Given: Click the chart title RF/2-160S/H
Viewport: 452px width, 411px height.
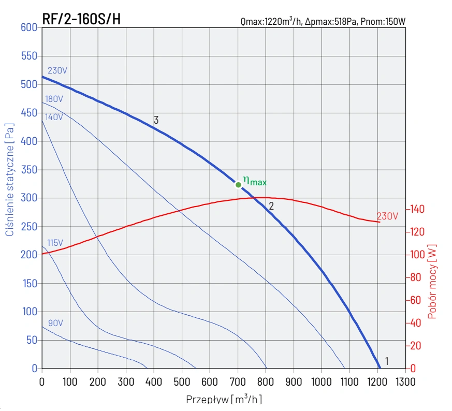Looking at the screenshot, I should pos(81,19).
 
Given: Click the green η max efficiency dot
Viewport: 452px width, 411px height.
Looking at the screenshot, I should pos(238,185).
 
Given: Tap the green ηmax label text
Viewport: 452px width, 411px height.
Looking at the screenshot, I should pos(255,181).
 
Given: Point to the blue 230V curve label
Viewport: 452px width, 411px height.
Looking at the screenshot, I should pos(57,71).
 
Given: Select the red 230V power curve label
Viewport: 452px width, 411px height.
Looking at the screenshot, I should pos(387,216).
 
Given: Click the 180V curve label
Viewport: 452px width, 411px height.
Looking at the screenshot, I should pos(54,99).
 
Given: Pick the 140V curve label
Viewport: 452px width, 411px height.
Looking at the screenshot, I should pos(54,117).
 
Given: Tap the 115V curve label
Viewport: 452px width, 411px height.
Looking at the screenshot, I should pos(55,243).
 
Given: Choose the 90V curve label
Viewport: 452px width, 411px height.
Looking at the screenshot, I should pos(55,324).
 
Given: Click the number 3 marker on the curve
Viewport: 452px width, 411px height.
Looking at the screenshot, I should pos(156,120).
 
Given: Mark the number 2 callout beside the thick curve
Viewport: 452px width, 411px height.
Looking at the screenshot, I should pos(271,205).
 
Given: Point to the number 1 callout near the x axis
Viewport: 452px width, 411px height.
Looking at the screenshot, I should pos(386,361).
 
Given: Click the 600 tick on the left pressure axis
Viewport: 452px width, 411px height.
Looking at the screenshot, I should pos(29,27).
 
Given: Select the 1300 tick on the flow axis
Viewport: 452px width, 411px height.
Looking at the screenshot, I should pos(405,382).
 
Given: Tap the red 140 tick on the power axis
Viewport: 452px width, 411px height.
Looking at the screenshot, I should pos(417,209).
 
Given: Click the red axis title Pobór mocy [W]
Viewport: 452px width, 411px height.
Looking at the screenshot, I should pos(433,281).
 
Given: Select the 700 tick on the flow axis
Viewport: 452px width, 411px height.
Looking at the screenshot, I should pos(237,382).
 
